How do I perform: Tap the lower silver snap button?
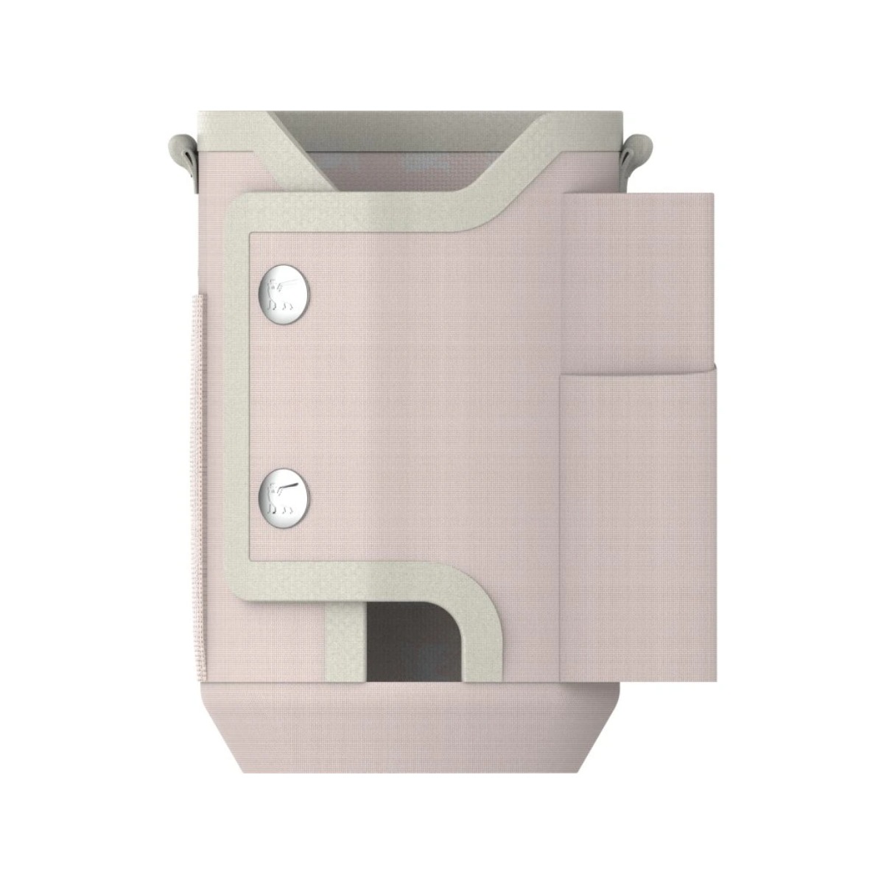coord(284,492)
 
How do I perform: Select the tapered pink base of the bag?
coord(413,729)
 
